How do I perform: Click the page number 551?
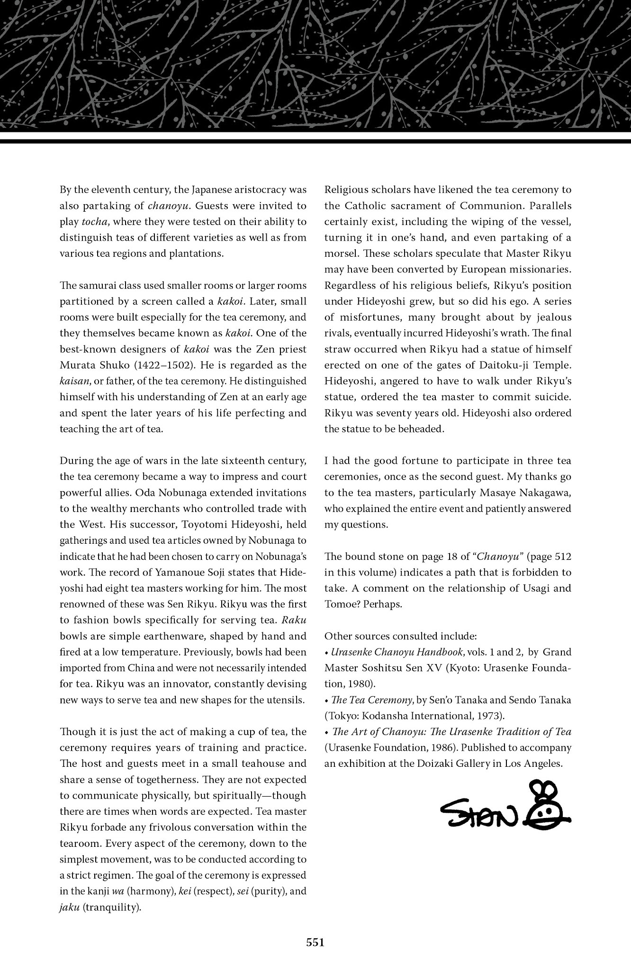315,943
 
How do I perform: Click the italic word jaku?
70,907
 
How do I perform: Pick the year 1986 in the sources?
442,748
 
